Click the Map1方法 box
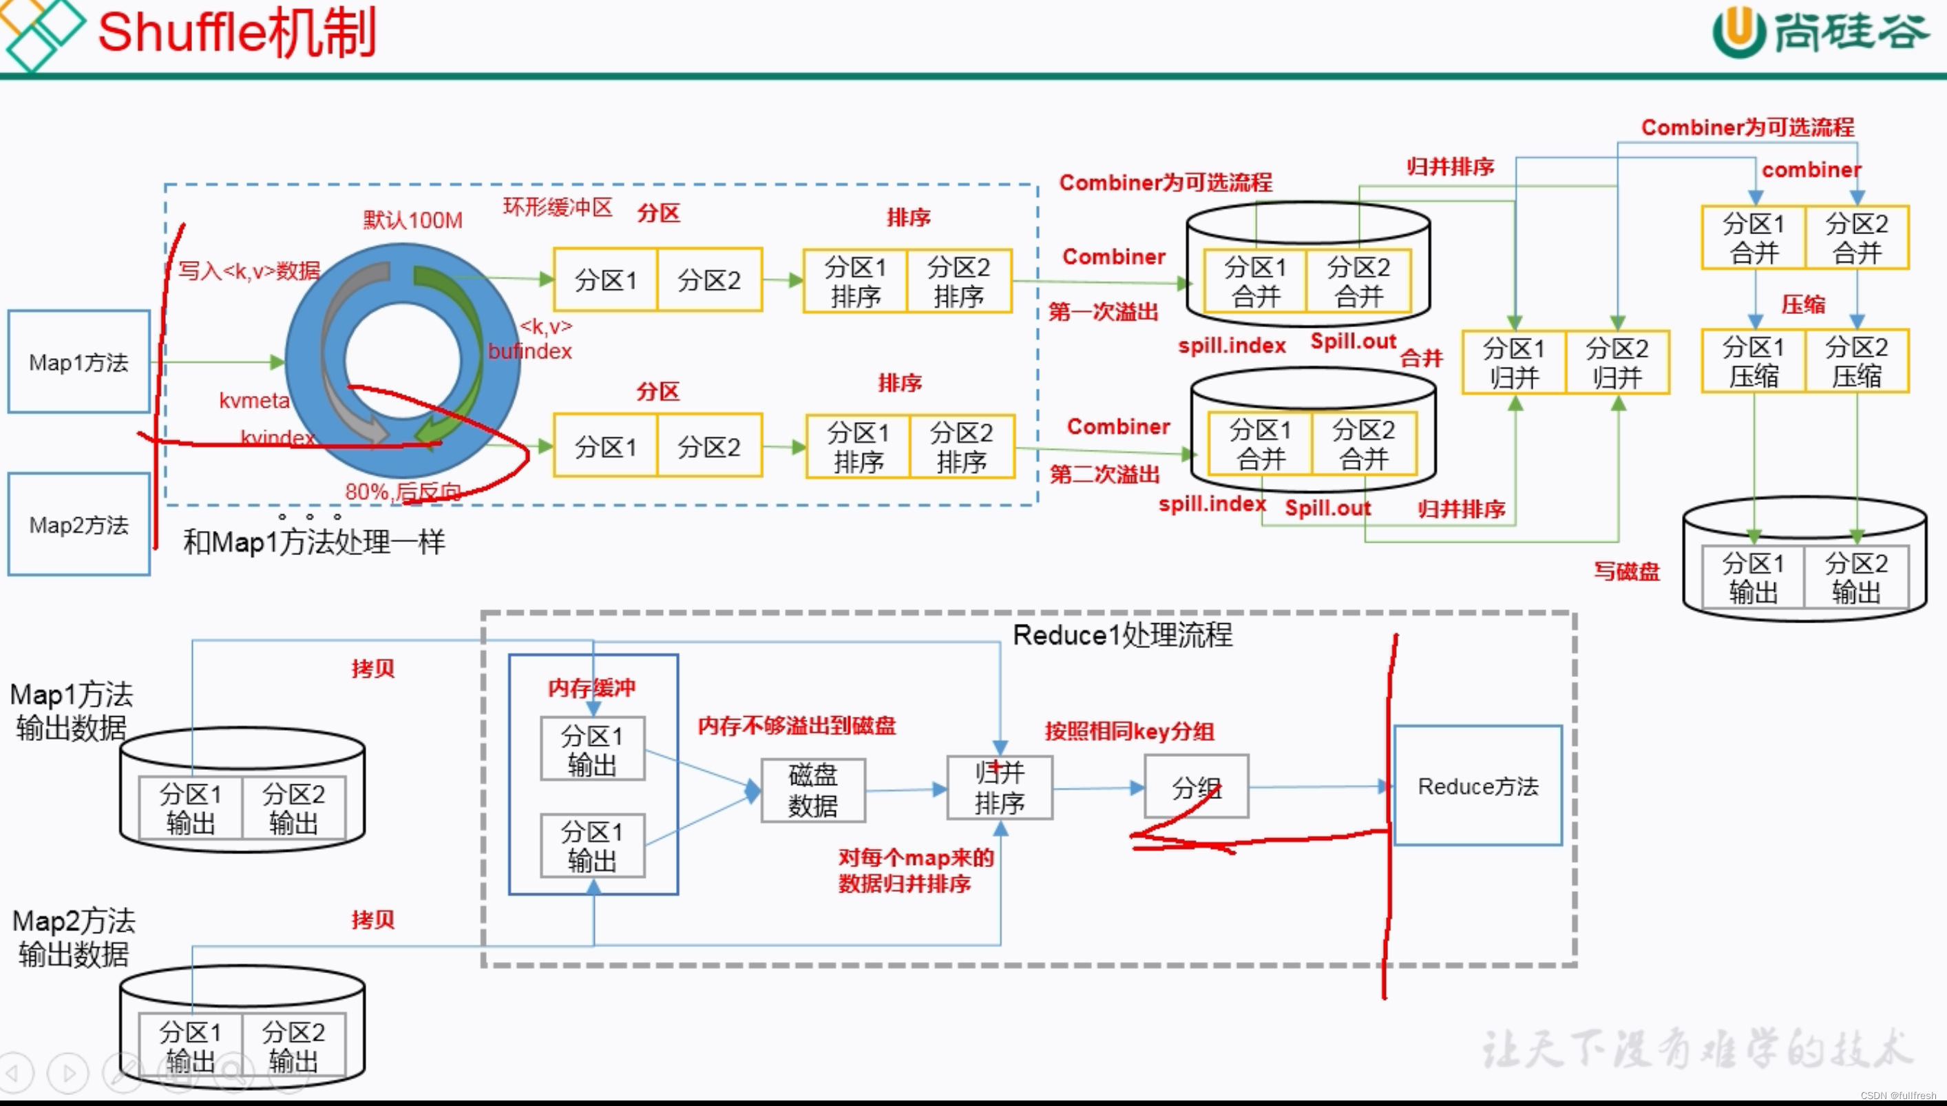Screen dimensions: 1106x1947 pos(79,362)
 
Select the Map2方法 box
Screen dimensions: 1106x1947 pos(79,524)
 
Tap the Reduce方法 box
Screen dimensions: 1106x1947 pos(1477,786)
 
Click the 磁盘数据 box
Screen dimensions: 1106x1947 pos(812,790)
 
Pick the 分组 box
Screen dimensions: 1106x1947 pos(1196,787)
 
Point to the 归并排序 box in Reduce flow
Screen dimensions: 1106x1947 pos(1000,788)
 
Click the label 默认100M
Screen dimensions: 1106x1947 pos(412,220)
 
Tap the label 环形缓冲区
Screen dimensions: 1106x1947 pos(558,207)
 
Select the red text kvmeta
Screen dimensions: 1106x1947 pos(254,400)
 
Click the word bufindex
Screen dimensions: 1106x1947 pos(529,351)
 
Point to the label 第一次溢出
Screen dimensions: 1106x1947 pos(1103,311)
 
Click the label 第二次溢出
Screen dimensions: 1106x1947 pos(1104,474)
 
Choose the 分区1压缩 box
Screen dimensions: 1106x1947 pos(1754,361)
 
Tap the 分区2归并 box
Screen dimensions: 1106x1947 pos(1617,362)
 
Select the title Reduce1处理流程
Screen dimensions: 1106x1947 pos(1122,634)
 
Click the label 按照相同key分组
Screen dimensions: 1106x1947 pos(1129,731)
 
